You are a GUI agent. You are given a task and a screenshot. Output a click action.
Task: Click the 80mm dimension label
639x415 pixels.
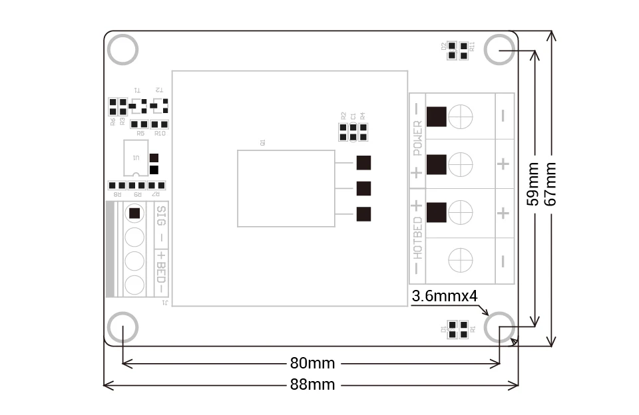tap(312, 363)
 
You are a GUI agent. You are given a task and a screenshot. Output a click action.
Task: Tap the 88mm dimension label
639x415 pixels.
tap(312, 384)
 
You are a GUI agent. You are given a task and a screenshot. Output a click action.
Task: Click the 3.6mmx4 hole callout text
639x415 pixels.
tap(445, 295)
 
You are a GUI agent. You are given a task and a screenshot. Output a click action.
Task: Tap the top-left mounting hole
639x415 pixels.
tap(122, 50)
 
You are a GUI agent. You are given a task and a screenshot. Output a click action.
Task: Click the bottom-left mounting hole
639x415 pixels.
tap(122, 328)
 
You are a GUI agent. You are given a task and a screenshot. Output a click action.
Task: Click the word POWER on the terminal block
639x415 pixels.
tap(418, 138)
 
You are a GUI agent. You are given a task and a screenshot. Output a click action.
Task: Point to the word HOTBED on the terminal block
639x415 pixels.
tap(418, 237)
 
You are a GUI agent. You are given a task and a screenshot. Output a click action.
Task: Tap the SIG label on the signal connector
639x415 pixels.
tap(160, 216)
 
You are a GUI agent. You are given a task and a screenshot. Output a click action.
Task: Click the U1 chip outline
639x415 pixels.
tap(136, 158)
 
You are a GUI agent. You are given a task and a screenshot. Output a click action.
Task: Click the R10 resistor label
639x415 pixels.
tap(160, 134)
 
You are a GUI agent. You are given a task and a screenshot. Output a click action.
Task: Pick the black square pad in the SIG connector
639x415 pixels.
tap(135, 213)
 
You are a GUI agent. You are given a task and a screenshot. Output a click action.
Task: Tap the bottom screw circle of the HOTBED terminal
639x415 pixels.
tap(461, 260)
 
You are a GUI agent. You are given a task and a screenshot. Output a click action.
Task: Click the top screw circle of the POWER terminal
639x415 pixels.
tap(461, 117)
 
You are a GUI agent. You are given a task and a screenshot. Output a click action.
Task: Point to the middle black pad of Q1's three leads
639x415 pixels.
tap(363, 188)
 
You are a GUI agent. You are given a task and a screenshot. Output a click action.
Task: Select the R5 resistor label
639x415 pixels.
tap(140, 134)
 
